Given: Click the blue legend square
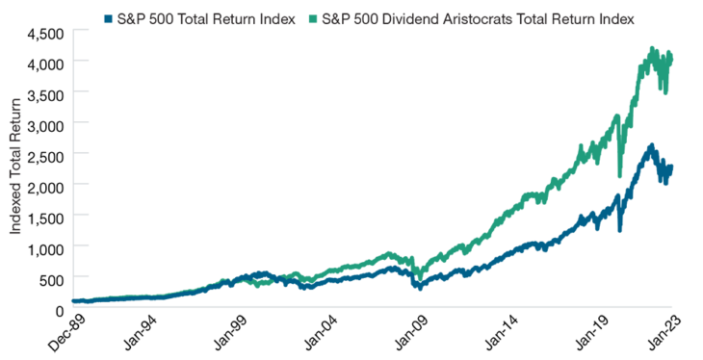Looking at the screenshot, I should (107, 19).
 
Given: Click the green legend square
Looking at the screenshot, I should (313, 19).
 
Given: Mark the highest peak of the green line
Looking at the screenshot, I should (653, 47).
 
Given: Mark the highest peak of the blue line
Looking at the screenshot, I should (653, 145).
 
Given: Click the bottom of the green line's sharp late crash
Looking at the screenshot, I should (619, 176).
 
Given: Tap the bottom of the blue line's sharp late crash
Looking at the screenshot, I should (619, 231).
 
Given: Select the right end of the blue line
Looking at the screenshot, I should (671, 166).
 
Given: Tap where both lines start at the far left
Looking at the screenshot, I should (75, 301).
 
